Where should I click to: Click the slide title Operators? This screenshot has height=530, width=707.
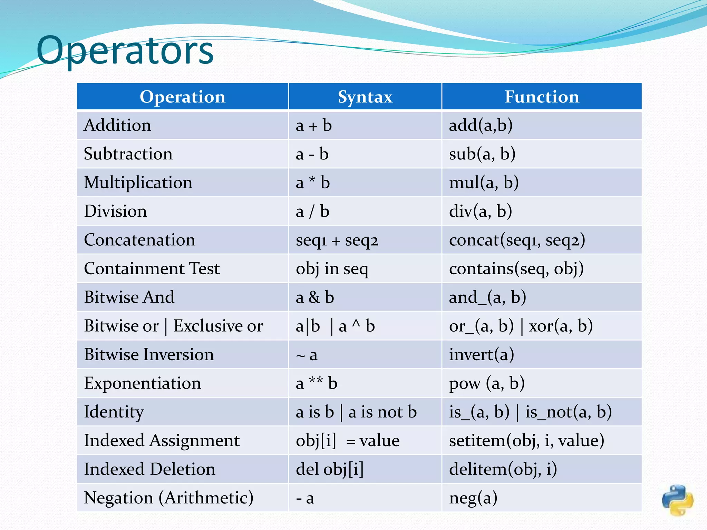point(125,51)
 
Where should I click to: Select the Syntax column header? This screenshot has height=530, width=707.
point(365,97)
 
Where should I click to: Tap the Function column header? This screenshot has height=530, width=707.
point(542,97)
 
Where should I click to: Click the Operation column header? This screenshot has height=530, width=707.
point(182,97)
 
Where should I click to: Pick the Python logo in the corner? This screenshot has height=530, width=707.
point(677,500)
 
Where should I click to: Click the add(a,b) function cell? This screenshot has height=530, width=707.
point(481,125)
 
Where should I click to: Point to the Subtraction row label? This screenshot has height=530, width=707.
point(128,154)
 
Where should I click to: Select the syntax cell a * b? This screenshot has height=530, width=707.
point(313,183)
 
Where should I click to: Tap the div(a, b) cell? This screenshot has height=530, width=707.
point(480,211)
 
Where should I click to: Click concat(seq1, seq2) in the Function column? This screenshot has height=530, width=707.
point(517,240)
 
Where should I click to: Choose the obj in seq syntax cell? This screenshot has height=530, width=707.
point(332,269)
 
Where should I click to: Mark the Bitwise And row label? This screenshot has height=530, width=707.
point(129,297)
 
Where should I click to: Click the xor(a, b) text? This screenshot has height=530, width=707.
point(561,326)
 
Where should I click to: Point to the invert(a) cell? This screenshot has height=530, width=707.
point(482,355)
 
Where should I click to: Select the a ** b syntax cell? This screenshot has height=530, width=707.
point(316,383)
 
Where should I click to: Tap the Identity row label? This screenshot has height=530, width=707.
point(114,412)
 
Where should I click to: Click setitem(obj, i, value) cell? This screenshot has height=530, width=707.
point(526,441)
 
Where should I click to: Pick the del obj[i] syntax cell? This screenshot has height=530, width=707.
point(330,469)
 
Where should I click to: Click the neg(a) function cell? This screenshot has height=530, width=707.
point(473,498)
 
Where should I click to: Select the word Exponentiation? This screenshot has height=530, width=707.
point(142,383)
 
